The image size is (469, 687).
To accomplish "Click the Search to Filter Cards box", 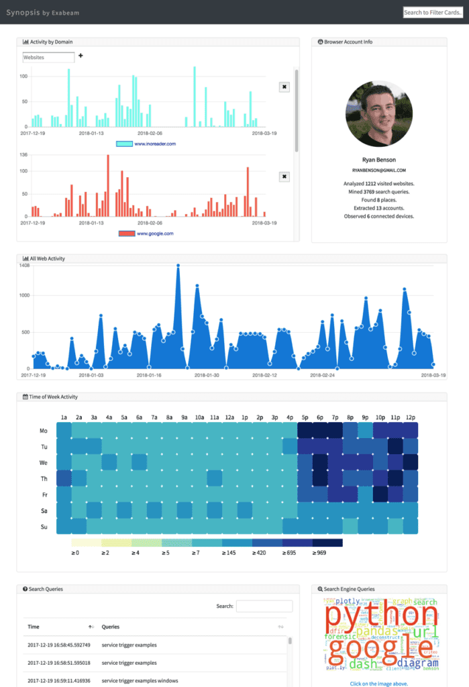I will coord(433,12).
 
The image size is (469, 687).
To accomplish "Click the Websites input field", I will coord(48,58).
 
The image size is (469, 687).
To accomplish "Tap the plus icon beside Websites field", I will coord(81,56).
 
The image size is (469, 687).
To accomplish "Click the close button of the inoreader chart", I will coord(284,87).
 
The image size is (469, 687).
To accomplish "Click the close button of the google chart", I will coord(284,176).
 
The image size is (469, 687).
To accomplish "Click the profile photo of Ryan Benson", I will coord(379,115).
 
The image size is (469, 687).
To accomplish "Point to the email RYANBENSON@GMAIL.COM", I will coord(379,170).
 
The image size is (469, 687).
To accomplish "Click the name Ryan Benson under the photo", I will coord(379,160).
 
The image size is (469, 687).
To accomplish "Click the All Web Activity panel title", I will coord(48,258).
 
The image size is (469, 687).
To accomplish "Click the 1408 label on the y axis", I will coord(25,266).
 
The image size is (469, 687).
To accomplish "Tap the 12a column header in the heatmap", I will coord(229,417).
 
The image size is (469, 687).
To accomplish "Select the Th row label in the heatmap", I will coord(44,478).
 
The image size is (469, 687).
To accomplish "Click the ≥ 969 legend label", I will coord(319,553).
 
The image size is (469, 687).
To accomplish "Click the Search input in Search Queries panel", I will coord(264,606).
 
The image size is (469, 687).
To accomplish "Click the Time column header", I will coord(34,627).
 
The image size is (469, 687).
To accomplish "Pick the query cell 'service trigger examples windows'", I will coord(140,680).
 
